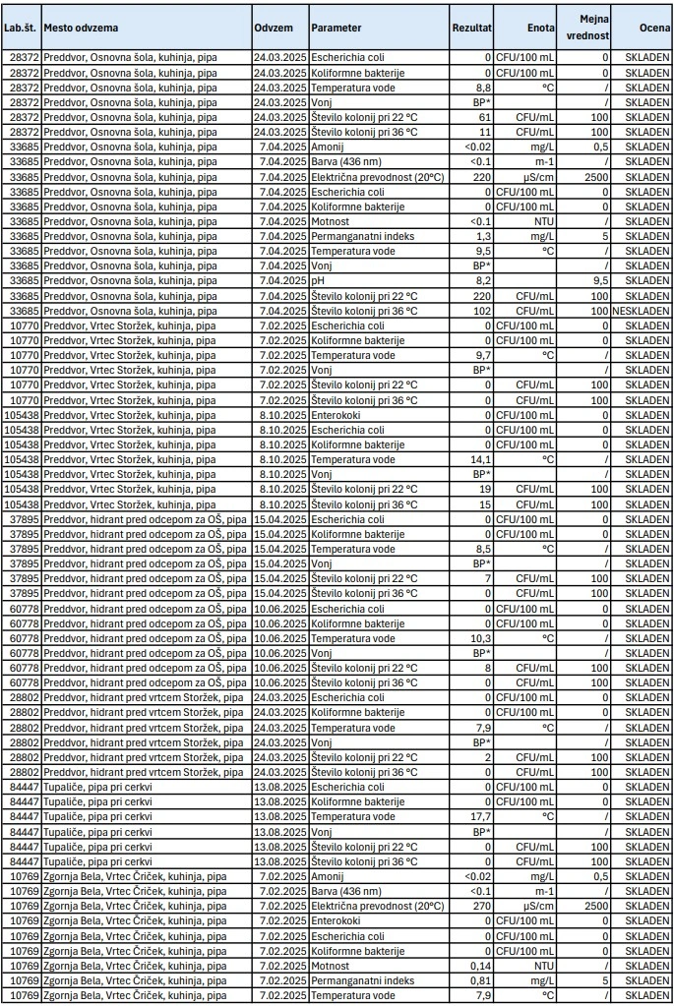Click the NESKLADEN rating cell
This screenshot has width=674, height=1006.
tap(643, 311)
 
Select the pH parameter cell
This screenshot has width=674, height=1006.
tap(319, 280)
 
